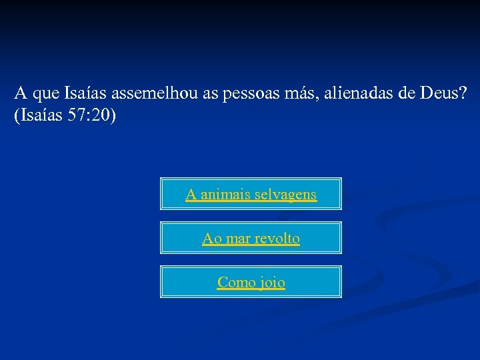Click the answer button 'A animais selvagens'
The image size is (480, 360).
251,194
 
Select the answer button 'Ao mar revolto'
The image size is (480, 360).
251,238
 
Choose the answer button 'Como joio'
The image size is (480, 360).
251,282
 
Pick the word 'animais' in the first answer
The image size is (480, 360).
223,195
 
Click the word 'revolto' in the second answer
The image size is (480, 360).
277,238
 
